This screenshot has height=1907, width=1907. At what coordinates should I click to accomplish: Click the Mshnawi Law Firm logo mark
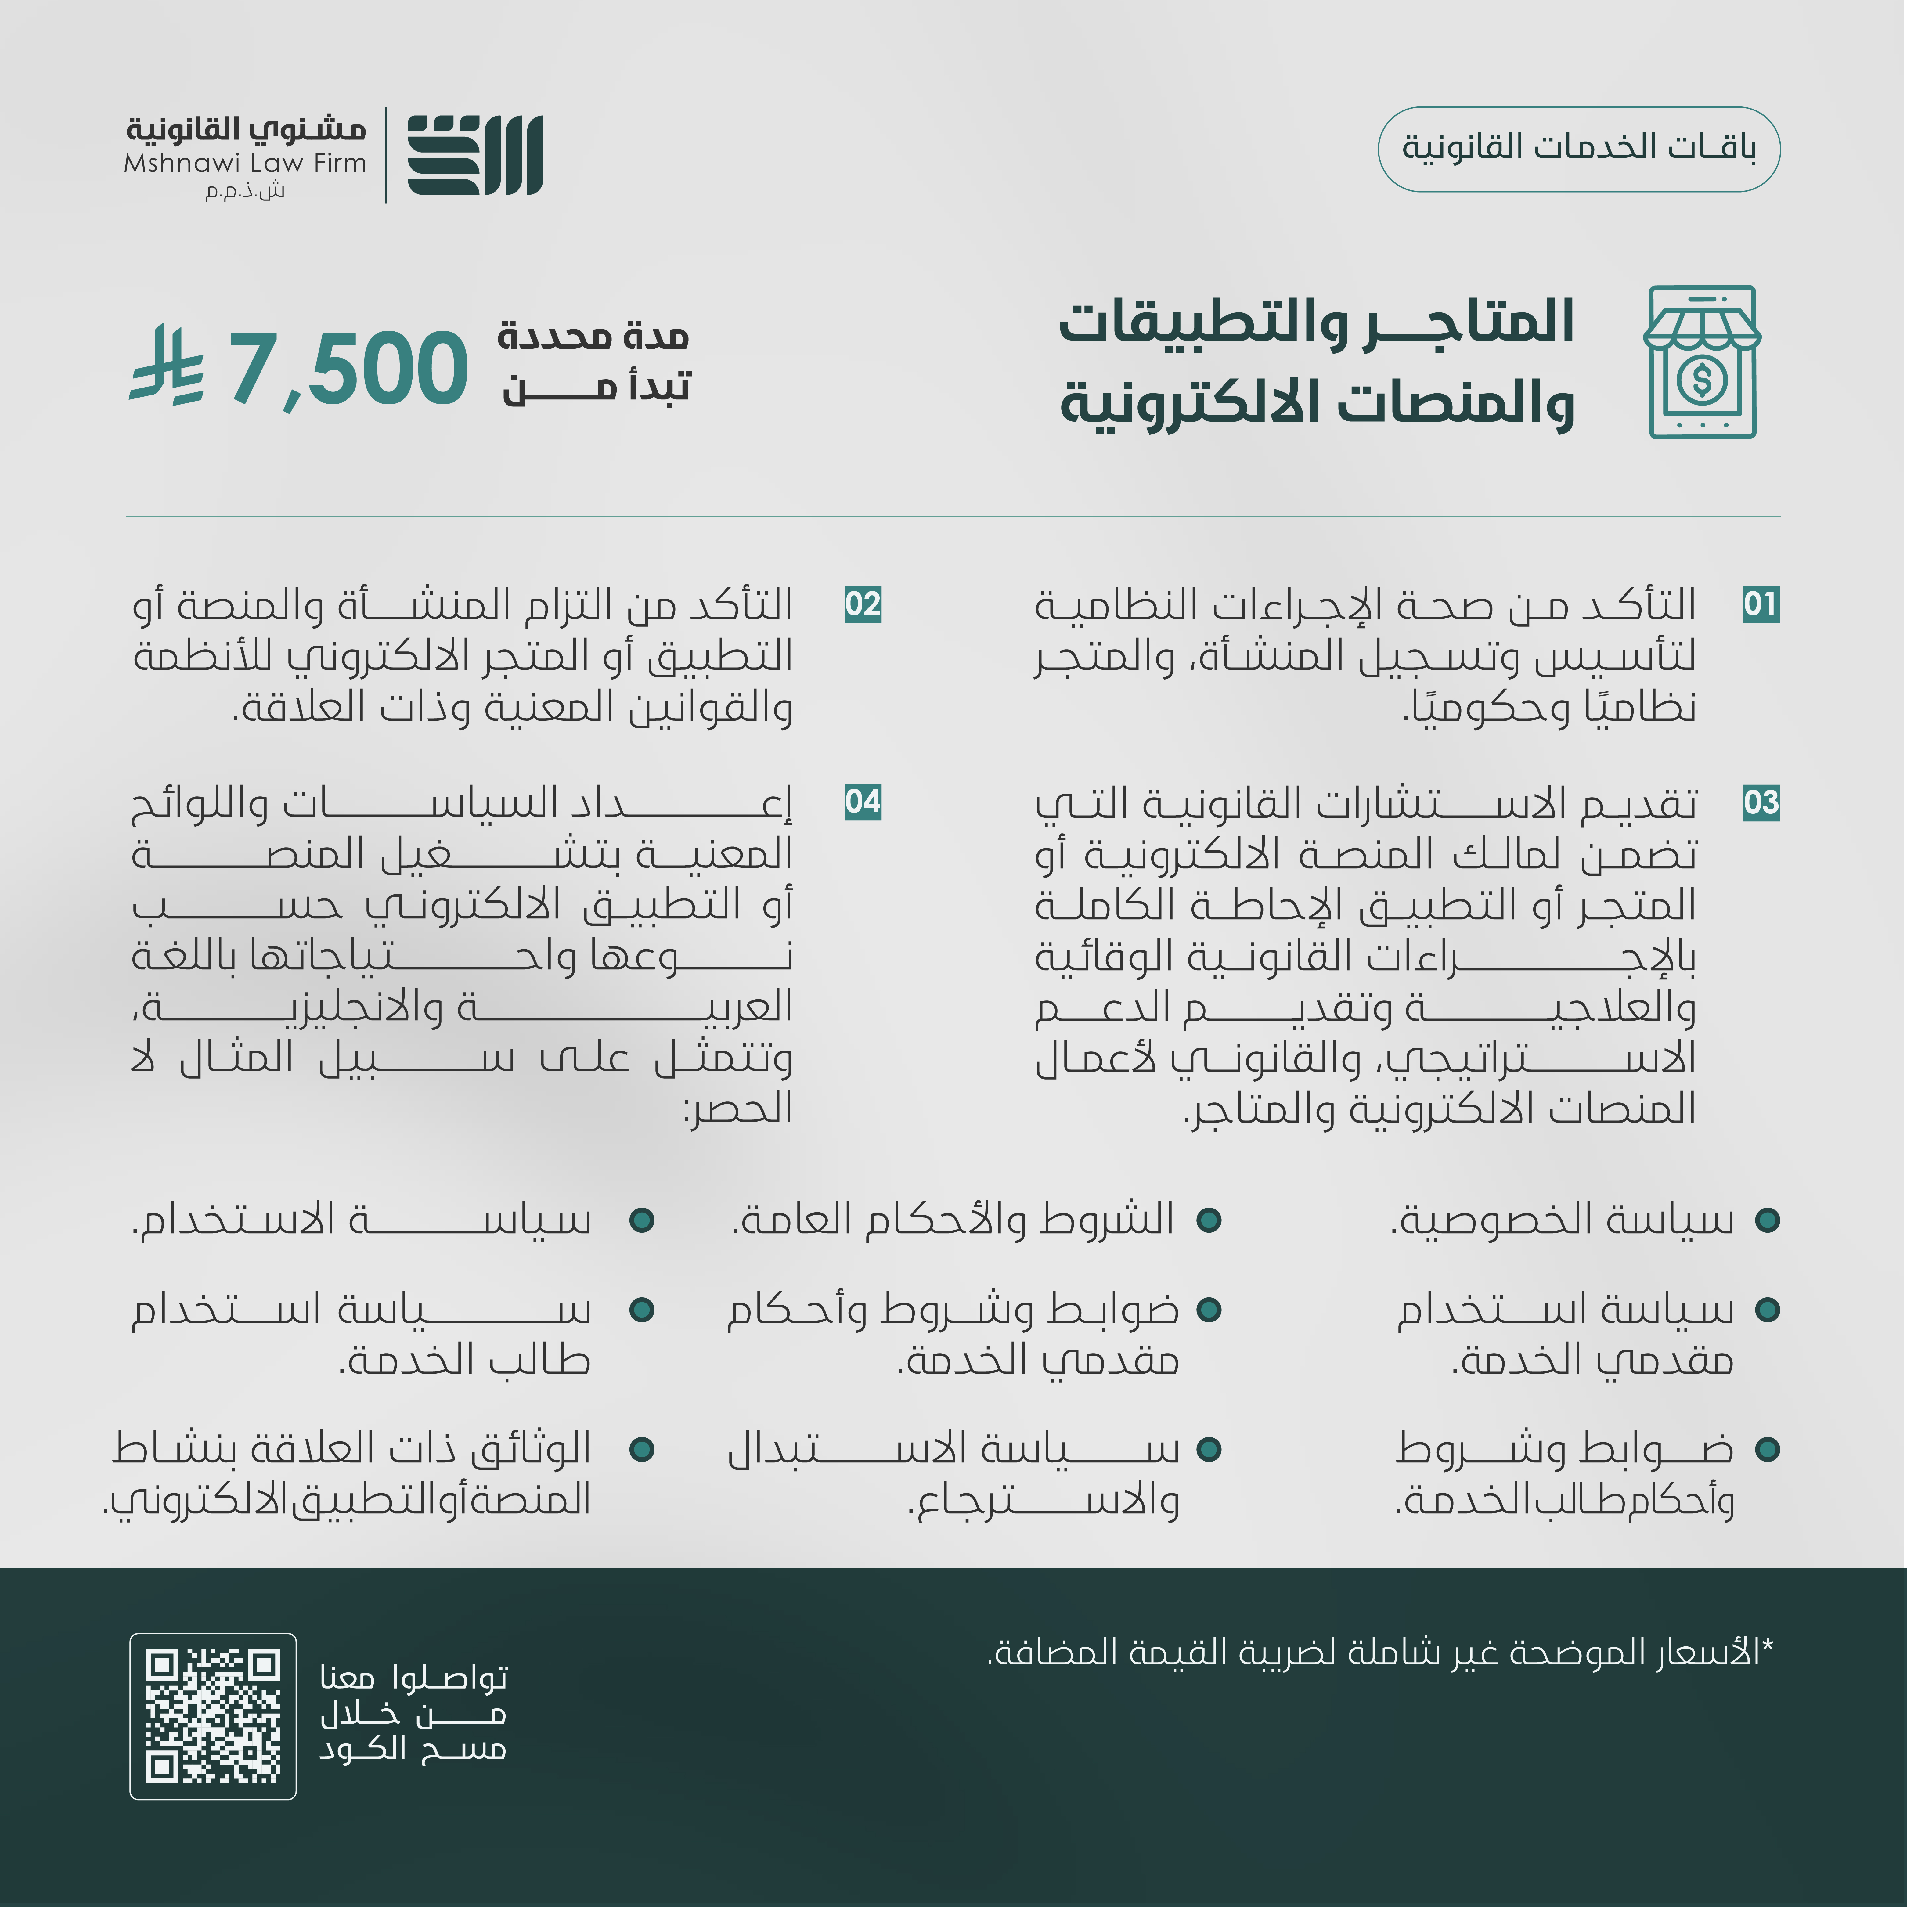475,155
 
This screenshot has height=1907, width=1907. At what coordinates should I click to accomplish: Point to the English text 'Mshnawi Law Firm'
245,163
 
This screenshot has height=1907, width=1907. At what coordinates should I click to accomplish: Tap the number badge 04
863,802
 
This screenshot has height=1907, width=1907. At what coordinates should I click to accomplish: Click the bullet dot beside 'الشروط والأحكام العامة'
1209,1220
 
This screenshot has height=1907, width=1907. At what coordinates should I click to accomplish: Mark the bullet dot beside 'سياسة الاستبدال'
1209,1449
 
